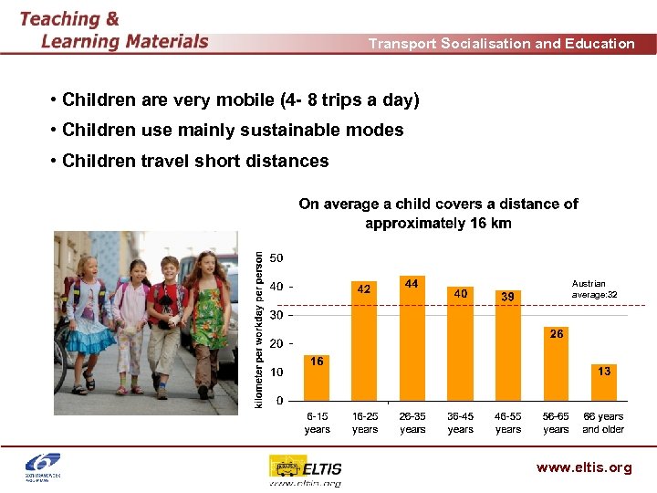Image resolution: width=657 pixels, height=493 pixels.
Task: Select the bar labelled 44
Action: tap(412, 338)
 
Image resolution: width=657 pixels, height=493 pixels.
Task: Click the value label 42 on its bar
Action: tap(364, 288)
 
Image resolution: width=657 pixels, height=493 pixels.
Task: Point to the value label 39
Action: tap(508, 296)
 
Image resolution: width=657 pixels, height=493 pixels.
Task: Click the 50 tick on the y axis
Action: tap(275, 258)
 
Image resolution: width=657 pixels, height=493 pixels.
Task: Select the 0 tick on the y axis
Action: tap(278, 401)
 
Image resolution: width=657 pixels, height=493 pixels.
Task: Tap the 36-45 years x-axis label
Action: tap(460, 423)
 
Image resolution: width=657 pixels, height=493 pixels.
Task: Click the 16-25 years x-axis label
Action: tap(364, 423)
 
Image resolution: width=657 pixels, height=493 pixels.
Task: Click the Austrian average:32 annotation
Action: tap(594, 288)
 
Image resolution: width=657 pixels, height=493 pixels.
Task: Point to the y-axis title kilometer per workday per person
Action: tap(259, 330)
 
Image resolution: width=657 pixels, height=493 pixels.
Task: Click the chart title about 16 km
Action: tap(438, 214)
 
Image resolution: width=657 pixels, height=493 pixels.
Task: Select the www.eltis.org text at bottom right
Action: tap(584, 467)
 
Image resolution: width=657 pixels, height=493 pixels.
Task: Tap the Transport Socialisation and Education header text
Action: tap(501, 43)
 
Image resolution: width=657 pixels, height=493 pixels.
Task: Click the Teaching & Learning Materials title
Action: tap(113, 29)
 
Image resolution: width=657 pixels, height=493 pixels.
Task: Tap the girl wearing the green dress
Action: tap(209, 315)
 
